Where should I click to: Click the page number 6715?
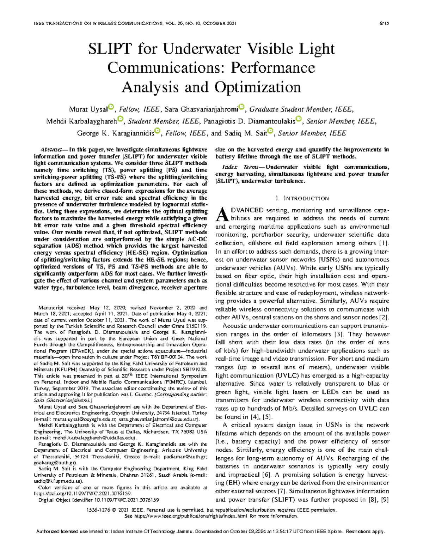[384, 24]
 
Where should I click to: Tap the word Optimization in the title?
[257, 87]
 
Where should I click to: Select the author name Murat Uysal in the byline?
[88, 109]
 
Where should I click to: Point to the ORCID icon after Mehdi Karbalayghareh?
[120, 119]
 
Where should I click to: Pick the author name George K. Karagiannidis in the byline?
[115, 133]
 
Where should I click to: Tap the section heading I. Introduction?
[302, 198]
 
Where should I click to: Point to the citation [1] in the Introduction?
[384, 243]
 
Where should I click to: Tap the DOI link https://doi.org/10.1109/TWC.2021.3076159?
[82, 494]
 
